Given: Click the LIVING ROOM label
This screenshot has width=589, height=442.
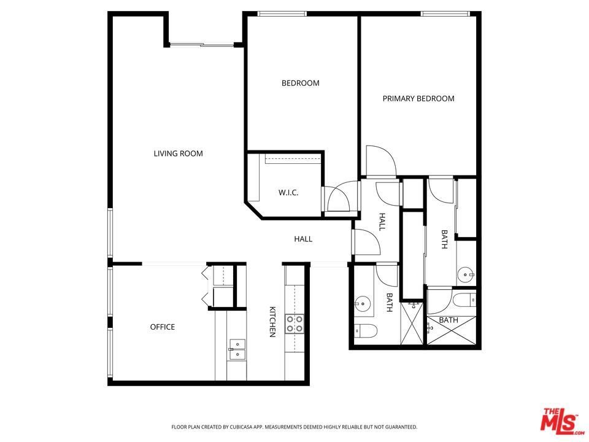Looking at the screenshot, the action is click(178, 153).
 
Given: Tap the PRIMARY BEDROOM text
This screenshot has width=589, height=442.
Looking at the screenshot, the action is click(418, 98).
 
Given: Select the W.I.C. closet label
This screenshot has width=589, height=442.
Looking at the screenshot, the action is click(288, 193).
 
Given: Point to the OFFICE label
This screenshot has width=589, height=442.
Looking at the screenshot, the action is click(162, 327).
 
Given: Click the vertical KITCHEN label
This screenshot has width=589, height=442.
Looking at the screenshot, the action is click(272, 322).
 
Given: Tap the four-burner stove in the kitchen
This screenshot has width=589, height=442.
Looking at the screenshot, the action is click(294, 324).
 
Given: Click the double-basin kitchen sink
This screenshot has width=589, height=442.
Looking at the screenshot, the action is click(237, 350).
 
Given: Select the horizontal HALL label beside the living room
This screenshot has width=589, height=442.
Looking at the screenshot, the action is click(303, 239).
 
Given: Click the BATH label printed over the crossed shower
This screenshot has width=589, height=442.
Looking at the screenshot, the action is click(448, 320).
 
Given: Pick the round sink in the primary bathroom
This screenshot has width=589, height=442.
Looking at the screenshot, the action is click(466, 276).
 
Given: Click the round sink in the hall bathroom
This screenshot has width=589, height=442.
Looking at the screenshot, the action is click(363, 302).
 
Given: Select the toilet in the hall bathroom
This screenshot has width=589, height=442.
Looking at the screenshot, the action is click(366, 331).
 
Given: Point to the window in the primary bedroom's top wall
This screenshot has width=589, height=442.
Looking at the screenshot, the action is click(445, 14).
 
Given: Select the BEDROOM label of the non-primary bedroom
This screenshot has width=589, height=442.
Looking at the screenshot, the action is click(301, 83).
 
